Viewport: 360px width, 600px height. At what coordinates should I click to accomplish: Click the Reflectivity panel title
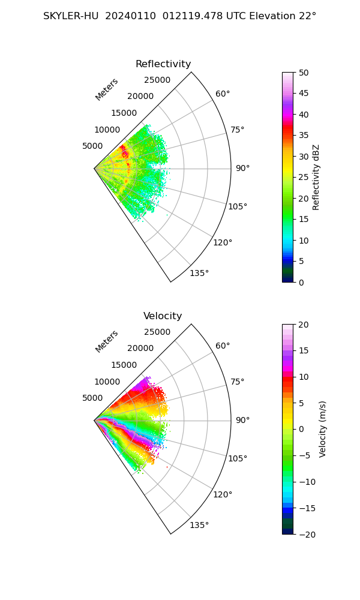point(163,64)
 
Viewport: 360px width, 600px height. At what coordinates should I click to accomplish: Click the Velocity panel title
point(163,316)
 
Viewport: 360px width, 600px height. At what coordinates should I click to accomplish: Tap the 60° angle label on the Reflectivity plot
point(223,94)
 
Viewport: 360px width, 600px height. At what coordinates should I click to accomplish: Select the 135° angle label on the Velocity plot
point(199,525)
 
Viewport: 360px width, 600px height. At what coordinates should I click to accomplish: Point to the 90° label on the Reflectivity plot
point(242,168)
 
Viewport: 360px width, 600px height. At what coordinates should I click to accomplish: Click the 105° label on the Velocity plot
point(238,458)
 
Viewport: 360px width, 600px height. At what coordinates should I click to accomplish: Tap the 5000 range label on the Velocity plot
point(92,398)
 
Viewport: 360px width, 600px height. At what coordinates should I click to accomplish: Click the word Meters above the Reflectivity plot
point(107,89)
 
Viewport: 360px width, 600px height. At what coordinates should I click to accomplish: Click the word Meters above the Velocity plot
point(107,341)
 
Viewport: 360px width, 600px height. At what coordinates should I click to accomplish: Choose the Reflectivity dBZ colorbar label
point(316,177)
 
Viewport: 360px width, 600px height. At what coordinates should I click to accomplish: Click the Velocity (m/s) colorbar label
point(323,429)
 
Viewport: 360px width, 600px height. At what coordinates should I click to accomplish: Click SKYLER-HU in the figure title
point(71,16)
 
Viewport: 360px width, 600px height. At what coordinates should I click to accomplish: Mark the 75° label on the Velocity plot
point(238,382)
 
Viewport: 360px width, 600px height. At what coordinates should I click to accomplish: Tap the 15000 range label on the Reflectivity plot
point(124,113)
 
